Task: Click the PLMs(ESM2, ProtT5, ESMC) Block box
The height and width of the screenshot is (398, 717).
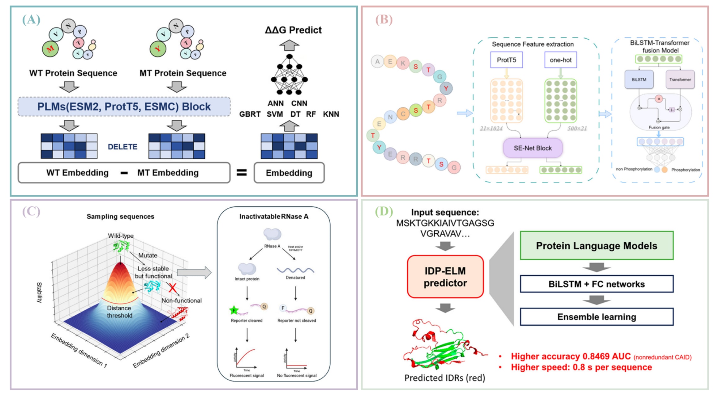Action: pos(124,106)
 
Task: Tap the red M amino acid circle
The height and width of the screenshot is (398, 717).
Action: pos(50,49)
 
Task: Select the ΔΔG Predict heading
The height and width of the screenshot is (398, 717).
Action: pos(293,30)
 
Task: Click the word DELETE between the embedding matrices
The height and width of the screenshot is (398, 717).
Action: pos(122,147)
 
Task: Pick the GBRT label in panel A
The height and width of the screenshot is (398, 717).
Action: pos(250,114)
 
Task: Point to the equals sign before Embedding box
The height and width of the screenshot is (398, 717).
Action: pos(242,173)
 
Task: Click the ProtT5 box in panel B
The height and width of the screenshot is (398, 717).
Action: pos(506,60)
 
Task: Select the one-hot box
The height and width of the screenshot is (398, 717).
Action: pos(560,60)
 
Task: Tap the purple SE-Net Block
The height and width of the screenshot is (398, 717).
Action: pos(533,148)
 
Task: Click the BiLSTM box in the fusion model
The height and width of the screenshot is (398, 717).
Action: pos(639,80)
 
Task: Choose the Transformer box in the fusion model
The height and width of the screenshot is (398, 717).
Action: pos(680,80)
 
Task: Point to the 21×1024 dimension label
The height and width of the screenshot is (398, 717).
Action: pos(491,128)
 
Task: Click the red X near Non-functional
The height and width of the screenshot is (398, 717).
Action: pos(173,288)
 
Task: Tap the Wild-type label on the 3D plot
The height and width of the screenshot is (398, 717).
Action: pos(121,236)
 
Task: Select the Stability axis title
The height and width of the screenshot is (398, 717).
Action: pos(39,292)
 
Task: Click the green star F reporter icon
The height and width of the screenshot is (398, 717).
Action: pos(234,310)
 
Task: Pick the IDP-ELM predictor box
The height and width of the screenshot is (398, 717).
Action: pos(445,277)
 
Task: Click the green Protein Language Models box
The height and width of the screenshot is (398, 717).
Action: pos(596,246)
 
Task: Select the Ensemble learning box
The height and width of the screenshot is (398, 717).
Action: pos(596,317)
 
